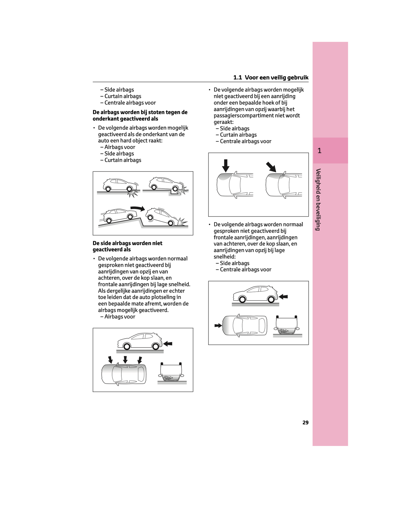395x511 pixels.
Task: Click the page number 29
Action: [305, 422]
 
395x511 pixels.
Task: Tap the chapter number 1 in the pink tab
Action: [319, 151]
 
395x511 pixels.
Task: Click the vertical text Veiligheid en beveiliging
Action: [318, 199]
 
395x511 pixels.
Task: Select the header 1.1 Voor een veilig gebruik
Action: [271, 78]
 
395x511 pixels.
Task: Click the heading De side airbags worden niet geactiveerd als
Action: [127, 246]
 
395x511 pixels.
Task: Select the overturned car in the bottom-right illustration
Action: [286, 325]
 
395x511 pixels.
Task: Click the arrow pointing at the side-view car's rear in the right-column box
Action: [283, 296]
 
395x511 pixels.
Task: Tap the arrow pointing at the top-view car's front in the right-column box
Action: [218, 325]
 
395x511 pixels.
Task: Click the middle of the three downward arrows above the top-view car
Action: [125, 360]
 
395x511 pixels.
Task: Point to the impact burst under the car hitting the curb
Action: [133, 193]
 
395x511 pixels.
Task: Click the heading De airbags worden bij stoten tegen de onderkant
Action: [140, 115]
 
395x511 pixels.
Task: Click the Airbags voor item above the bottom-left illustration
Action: [120, 317]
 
